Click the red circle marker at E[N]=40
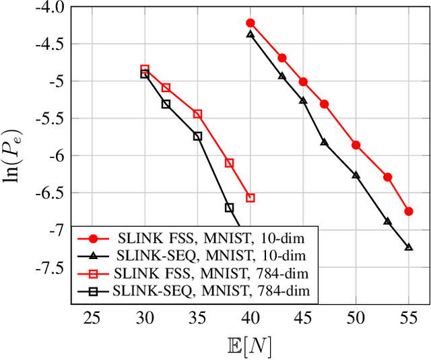tap(251, 23)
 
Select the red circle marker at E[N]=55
tap(409, 211)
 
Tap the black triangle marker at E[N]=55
tap(409, 247)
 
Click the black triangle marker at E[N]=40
tap(251, 34)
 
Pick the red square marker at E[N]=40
tap(251, 198)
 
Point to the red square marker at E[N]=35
tap(197, 114)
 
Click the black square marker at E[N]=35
tap(197, 136)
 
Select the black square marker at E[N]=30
tap(145, 74)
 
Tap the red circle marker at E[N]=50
tap(356, 145)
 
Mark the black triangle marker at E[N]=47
tap(324, 142)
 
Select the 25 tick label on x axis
tap(92, 317)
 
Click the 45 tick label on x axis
tap(303, 317)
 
